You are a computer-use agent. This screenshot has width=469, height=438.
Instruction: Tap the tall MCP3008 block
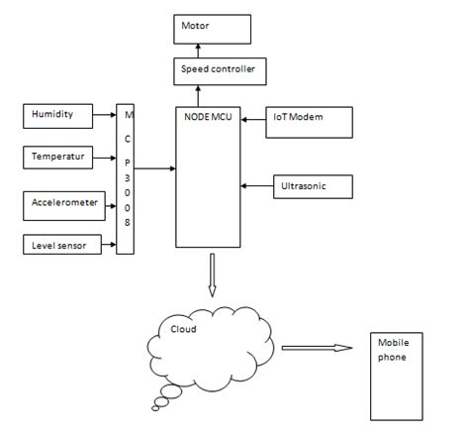(124, 178)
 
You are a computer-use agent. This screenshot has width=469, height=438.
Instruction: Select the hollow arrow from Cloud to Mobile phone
(317, 348)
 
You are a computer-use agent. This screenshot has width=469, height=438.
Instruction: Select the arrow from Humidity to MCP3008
(107, 116)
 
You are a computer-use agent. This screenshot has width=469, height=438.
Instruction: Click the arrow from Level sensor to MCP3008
(107, 244)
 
